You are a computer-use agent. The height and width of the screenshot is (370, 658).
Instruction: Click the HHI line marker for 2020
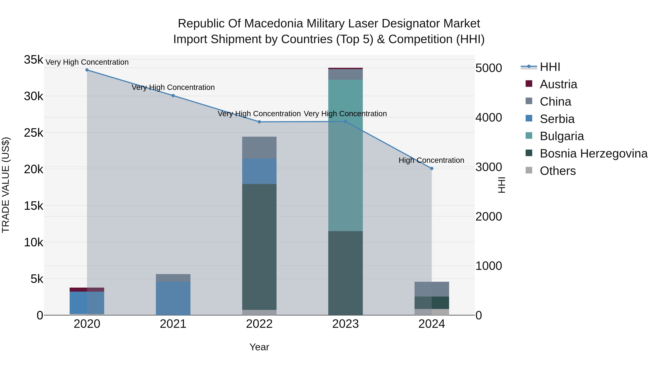click(x=87, y=70)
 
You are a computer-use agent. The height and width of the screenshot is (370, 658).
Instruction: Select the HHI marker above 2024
click(x=432, y=168)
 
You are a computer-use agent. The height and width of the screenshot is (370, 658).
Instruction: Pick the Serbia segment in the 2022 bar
click(x=259, y=171)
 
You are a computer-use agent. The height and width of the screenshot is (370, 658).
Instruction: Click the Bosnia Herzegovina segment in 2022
click(x=259, y=246)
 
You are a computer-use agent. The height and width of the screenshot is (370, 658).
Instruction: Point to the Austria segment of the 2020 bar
click(x=87, y=290)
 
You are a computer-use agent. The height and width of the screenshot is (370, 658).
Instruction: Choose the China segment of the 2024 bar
click(x=432, y=289)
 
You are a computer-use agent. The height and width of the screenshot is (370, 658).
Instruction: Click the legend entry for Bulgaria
click(x=562, y=136)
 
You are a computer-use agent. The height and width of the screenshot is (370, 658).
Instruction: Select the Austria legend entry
click(x=558, y=84)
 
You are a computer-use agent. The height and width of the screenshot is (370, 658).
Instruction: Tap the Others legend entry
click(x=558, y=171)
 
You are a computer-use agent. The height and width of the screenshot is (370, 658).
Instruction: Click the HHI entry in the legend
click(x=550, y=67)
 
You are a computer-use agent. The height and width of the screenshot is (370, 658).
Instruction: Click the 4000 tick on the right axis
click(x=489, y=118)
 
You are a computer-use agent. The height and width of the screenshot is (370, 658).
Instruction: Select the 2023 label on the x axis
click(x=345, y=324)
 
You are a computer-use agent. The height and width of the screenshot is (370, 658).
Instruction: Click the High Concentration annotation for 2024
click(x=431, y=160)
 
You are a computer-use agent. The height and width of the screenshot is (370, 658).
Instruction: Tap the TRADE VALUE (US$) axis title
click(x=6, y=185)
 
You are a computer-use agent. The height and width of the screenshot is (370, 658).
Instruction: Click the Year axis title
click(x=259, y=347)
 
